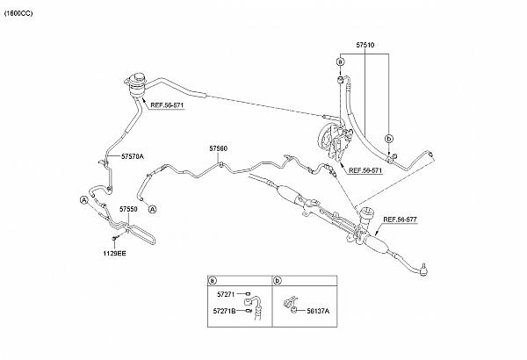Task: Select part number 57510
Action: [365, 44]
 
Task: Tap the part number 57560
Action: [218, 149]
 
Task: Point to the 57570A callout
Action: [119, 156]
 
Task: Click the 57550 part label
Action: [128, 210]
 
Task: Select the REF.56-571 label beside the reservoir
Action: [166, 105]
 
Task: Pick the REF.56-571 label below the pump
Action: [365, 170]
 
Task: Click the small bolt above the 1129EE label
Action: [115, 238]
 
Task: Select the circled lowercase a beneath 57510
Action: [340, 61]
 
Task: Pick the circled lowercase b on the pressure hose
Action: [389, 139]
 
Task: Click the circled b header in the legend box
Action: [277, 281]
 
